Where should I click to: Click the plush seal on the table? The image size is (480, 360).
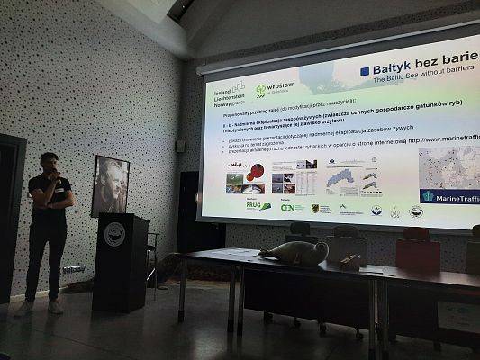coord(294,252)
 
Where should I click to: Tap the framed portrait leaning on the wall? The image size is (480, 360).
coord(109,185)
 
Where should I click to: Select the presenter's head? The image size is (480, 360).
coord(50,165)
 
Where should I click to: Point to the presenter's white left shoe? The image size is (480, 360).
coord(24,308)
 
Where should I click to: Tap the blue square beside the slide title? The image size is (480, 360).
coord(365,71)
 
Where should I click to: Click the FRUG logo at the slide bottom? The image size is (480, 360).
coord(258,205)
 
